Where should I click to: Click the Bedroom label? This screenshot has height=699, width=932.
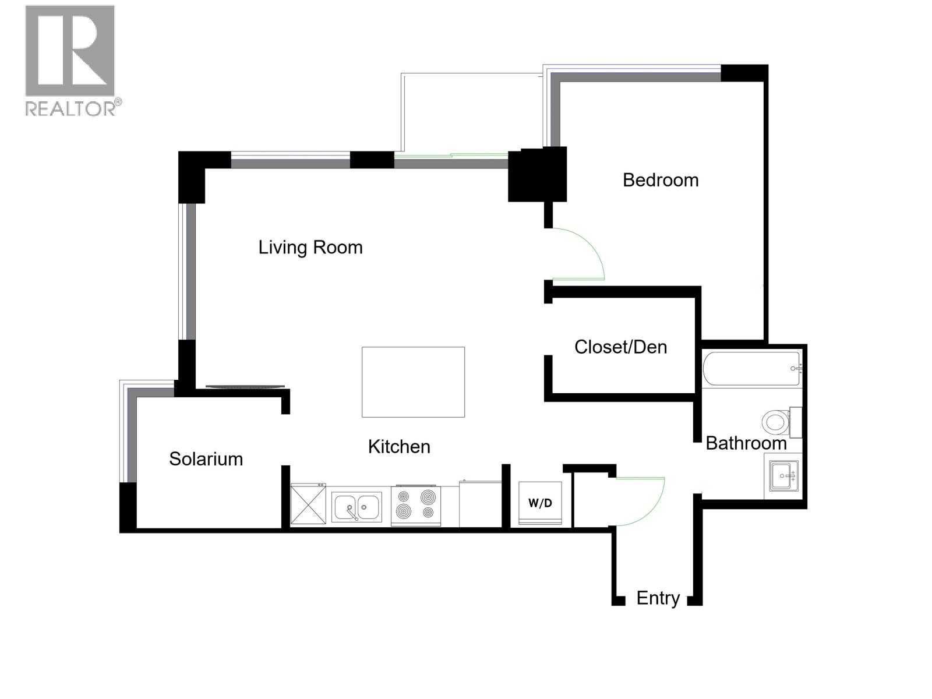pyautogui.click(x=661, y=180)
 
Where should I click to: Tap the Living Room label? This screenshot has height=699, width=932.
pyautogui.click(x=310, y=248)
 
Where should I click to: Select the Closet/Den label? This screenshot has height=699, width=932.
pyautogui.click(x=620, y=347)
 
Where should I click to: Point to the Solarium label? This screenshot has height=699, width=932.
pyautogui.click(x=206, y=459)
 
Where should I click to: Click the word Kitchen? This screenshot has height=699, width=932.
pyautogui.click(x=399, y=447)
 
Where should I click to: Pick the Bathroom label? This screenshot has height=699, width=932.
pyautogui.click(x=746, y=443)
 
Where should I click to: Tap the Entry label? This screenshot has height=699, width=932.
pyautogui.click(x=658, y=598)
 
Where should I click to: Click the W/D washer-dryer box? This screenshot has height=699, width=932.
pyautogui.click(x=540, y=503)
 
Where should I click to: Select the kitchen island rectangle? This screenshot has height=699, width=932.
pyautogui.click(x=413, y=382)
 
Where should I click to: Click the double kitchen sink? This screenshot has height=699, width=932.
pyautogui.click(x=356, y=507)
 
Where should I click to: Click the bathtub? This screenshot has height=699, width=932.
pyautogui.click(x=751, y=369)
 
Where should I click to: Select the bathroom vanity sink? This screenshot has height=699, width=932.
pyautogui.click(x=783, y=476)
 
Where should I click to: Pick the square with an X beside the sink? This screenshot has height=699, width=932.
pyautogui.click(x=308, y=504)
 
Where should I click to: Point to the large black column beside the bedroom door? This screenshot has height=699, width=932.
pyautogui.click(x=537, y=175)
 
